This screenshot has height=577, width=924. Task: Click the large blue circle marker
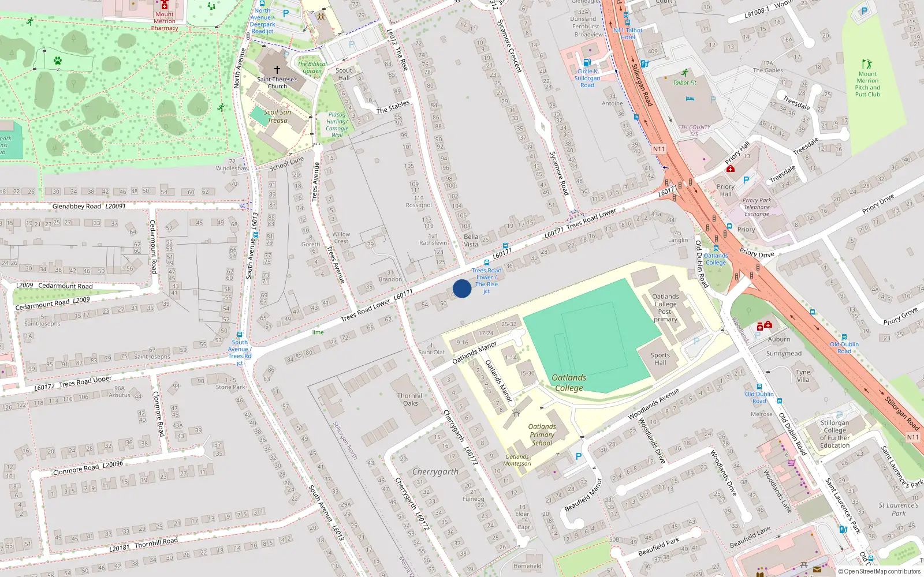click(462, 288)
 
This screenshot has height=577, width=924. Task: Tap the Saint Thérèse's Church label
click(277, 83)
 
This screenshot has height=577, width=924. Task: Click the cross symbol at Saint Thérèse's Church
click(277, 69)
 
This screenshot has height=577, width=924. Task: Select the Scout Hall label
click(344, 74)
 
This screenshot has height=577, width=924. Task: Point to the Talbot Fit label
click(685, 83)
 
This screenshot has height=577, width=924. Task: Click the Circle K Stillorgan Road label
click(587, 78)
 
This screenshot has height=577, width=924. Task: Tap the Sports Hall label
click(660, 359)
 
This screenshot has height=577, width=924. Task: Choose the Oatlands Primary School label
click(542, 435)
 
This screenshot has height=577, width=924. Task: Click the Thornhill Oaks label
click(411, 399)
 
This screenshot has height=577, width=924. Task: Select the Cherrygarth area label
click(435, 472)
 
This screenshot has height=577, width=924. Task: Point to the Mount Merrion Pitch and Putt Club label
click(867, 84)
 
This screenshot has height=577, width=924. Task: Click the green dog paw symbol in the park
click(58, 60)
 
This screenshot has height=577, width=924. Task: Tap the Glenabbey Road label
click(76, 206)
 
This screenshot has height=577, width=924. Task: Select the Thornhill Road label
click(156, 543)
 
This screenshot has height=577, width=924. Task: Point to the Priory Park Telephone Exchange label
click(757, 207)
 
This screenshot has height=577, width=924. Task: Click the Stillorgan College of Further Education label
click(835, 434)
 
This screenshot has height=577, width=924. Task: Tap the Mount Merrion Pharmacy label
click(165, 21)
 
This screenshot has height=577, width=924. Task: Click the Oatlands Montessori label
click(517, 460)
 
